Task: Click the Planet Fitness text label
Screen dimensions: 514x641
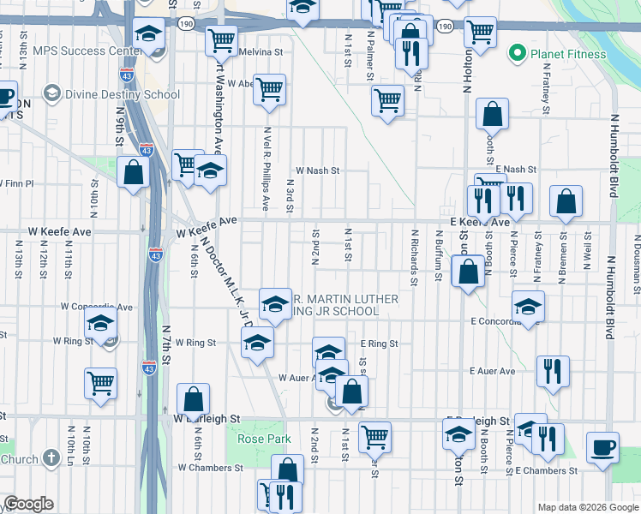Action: coord(568,54)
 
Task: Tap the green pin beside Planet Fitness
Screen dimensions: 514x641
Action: coord(517,54)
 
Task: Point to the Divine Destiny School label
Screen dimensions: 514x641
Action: coord(123,94)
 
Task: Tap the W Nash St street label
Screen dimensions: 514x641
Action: coord(317,170)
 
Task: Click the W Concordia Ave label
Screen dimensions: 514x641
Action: coord(96,307)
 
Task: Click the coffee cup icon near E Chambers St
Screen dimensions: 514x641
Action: coord(602,447)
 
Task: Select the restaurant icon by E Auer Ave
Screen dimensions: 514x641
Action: coord(552,371)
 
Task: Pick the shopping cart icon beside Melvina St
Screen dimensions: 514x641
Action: coord(222,39)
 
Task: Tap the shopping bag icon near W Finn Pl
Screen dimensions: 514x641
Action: coord(134,172)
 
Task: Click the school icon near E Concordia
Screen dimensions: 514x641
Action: coord(528,306)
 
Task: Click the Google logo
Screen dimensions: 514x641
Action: coord(28,504)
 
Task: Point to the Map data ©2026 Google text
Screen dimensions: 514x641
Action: coord(588,507)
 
